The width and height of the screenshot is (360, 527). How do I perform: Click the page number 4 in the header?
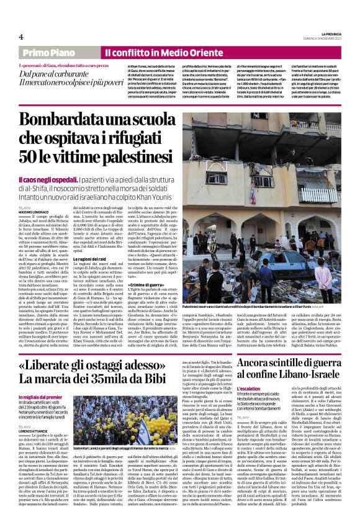point(20,37)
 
